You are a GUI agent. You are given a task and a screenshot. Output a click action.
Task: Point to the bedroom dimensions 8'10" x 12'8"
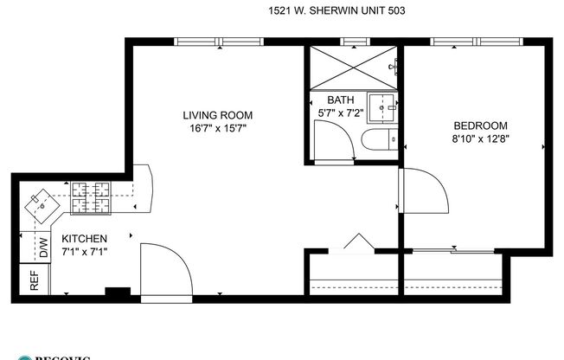(479, 138)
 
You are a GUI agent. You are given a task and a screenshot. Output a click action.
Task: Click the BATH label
(340, 99)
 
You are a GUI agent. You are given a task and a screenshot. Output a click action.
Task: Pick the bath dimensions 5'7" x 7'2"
(340, 112)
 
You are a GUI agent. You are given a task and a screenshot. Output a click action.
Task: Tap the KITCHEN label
(84, 239)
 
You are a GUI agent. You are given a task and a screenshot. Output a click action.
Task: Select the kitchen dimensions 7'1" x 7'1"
(84, 252)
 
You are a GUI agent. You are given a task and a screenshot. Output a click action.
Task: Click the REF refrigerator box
(34, 281)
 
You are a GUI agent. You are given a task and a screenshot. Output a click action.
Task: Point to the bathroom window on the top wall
(354, 41)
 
